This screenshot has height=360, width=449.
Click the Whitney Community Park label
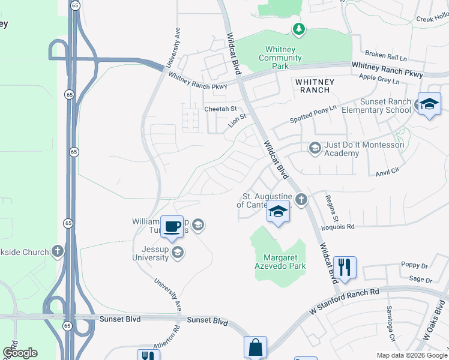point(280,58)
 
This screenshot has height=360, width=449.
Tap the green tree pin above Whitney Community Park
point(298,29)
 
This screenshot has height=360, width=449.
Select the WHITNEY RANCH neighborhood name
point(312,85)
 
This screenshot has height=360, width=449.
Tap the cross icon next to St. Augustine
point(301,200)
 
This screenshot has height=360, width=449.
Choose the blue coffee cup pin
point(172,227)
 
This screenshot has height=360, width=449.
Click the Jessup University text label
point(150,253)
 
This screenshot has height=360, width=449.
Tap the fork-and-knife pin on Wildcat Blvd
point(344,267)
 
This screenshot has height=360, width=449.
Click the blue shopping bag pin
point(255,347)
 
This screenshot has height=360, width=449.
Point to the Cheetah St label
point(220,109)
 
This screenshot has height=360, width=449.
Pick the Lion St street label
point(237,121)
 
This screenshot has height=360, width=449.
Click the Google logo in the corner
point(20,353)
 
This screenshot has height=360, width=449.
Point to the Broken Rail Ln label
point(385,55)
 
